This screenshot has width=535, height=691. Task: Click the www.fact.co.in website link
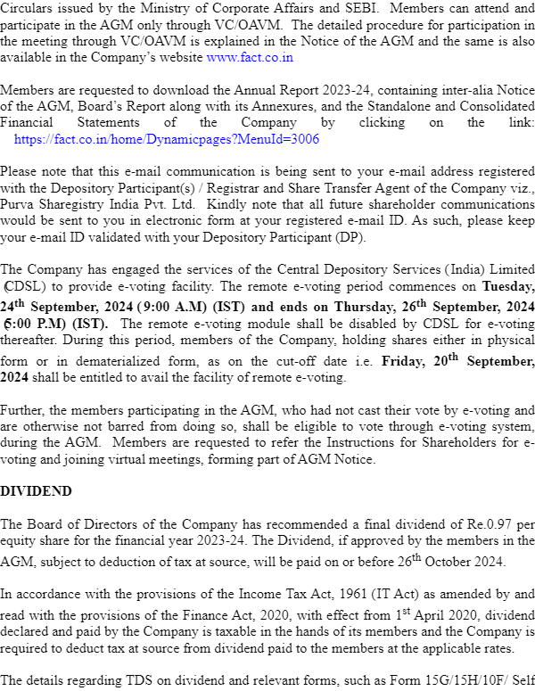click(x=250, y=57)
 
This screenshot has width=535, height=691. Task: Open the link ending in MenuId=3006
click(x=167, y=139)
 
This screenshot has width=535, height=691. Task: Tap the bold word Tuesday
click(x=508, y=286)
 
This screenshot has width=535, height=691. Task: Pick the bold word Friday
click(x=402, y=362)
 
